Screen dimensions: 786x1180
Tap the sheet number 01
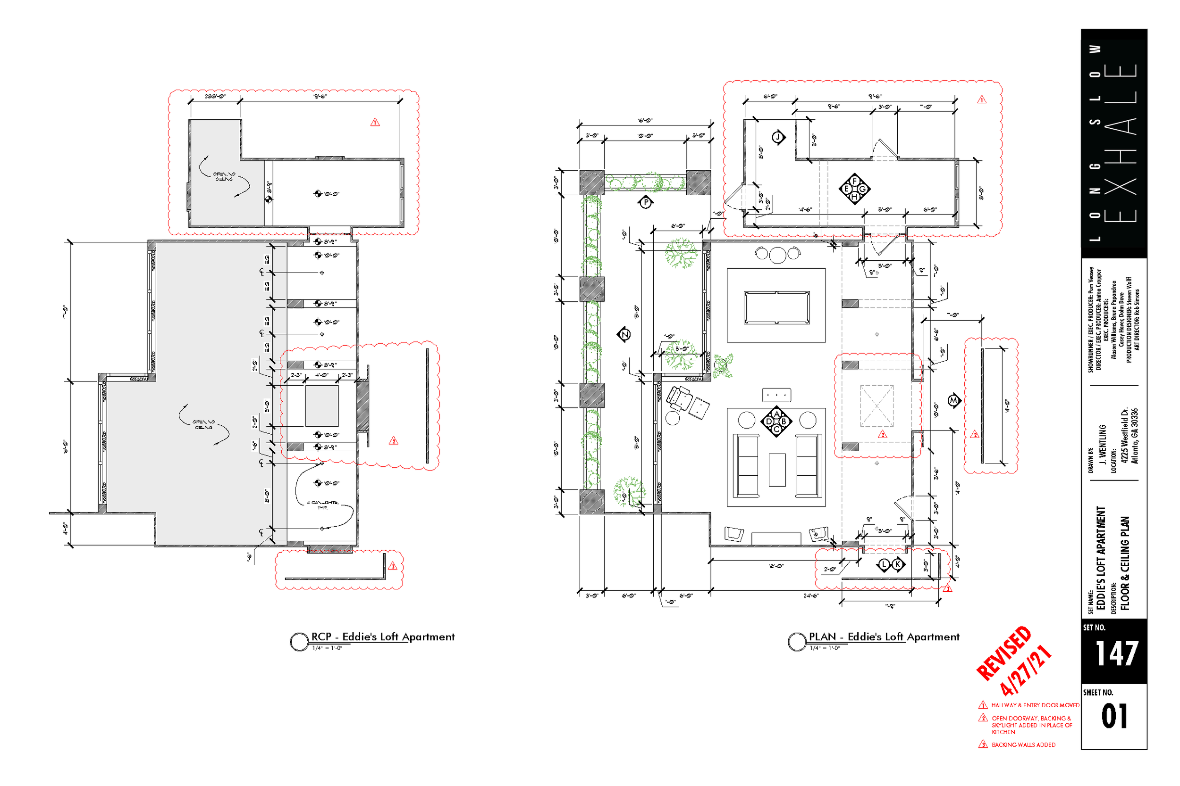(1115, 716)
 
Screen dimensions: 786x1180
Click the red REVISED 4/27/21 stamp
(1013, 662)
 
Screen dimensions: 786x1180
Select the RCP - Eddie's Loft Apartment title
(383, 637)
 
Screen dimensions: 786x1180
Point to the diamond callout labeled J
(778, 137)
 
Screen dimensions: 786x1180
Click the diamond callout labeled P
(646, 203)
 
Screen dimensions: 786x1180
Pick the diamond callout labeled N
(624, 334)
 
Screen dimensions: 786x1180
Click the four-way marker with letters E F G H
(854, 189)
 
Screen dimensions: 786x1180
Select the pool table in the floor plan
(776, 308)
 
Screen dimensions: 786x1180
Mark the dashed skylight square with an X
(877, 406)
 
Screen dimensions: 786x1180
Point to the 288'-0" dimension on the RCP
(215, 96)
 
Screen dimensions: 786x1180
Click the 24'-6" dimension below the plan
(811, 596)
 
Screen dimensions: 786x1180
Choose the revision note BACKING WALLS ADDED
(1023, 745)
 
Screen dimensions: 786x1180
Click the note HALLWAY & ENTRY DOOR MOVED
(1035, 705)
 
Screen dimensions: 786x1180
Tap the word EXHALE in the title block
(1120, 143)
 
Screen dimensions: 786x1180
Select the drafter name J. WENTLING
(1103, 444)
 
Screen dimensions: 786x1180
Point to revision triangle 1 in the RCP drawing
(375, 122)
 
